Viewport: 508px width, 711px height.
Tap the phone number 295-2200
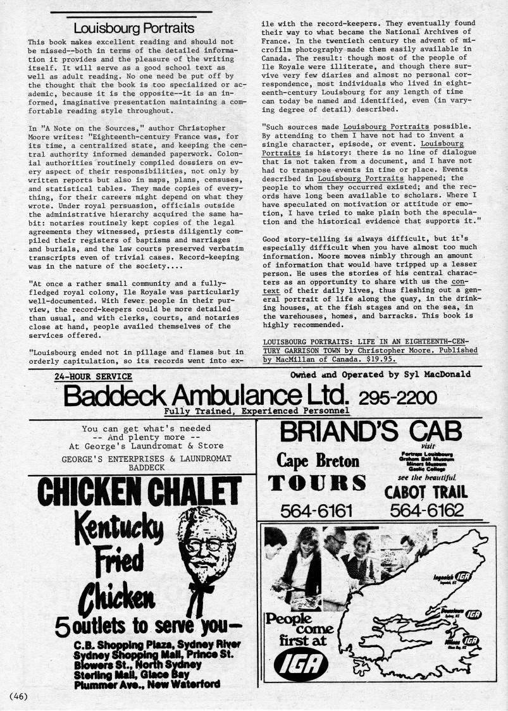coord(397,397)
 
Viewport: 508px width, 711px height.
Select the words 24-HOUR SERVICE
coord(93,376)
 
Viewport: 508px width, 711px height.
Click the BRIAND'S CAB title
coord(371,432)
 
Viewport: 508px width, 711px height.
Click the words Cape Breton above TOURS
coord(318,461)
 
